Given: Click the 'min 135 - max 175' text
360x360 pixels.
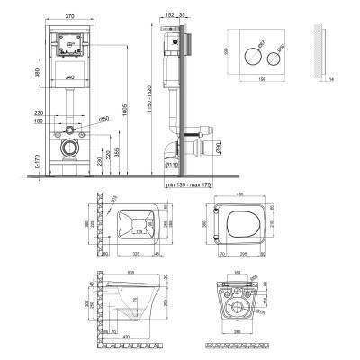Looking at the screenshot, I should point(192,184).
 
